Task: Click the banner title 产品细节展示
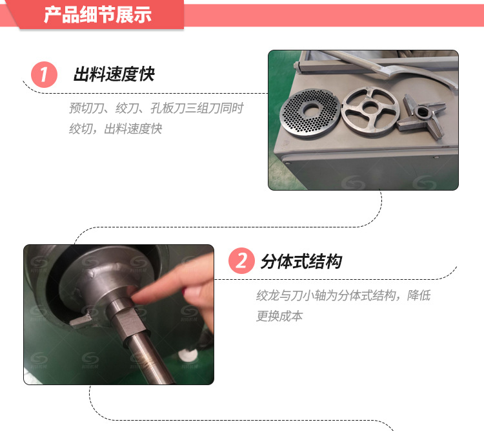[97, 14]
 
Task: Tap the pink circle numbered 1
[44, 74]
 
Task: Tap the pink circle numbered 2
[241, 260]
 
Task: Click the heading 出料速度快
[114, 74]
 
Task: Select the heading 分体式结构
[301, 262]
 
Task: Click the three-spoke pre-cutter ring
[370, 110]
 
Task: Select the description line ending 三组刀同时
[156, 108]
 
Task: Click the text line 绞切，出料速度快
[116, 129]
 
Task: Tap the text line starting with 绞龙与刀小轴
[343, 295]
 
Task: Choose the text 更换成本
[279, 316]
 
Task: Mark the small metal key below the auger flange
[81, 320]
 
